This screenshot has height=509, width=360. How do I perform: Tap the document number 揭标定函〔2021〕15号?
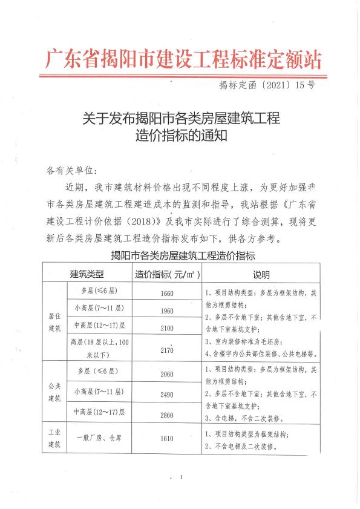point(267,85)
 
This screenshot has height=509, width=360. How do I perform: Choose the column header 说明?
point(261,274)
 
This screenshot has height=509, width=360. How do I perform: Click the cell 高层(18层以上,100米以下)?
point(99,347)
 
